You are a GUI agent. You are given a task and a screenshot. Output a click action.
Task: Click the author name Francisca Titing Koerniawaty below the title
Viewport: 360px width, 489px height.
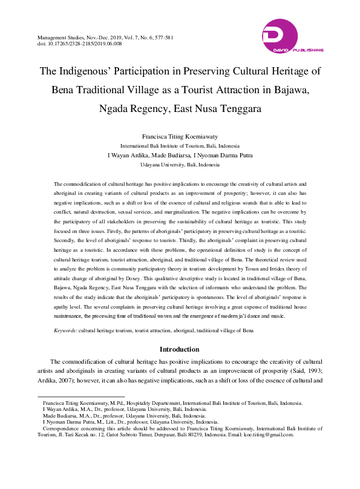pos(180,137)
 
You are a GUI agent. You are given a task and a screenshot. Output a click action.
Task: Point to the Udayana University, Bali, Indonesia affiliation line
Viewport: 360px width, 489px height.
pos(180,165)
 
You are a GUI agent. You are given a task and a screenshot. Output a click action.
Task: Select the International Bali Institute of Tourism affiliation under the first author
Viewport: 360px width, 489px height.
pos(180,146)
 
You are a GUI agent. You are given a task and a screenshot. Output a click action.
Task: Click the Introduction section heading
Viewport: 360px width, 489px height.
pos(180,349)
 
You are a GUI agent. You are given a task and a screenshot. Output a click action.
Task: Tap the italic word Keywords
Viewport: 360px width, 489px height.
pos(65,331)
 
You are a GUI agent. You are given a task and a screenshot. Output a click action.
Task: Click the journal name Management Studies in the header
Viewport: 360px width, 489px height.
pos(62,38)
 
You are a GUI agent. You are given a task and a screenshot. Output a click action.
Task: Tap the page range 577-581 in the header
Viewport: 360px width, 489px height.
pos(161,38)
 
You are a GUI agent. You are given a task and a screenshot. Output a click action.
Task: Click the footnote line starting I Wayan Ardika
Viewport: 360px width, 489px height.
pos(124,410)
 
